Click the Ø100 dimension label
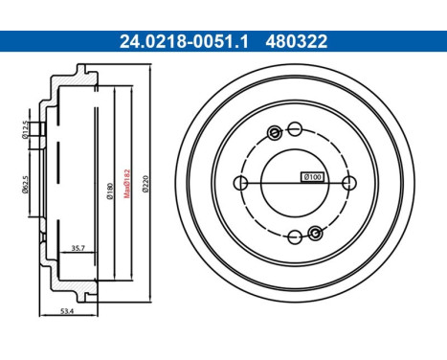313,176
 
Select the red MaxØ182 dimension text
128,179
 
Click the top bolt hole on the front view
295,128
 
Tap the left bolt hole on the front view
241,182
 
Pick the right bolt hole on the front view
349,182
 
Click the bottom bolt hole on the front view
295,236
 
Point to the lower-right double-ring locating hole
315,232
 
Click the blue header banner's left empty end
48,41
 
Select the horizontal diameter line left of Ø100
268,182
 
